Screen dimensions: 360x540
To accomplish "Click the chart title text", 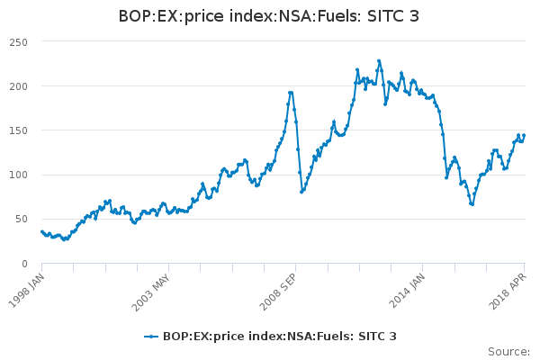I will coord(269,17).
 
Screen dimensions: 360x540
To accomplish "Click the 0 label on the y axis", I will coord(24,263).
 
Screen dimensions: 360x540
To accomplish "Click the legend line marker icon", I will coord(152,337).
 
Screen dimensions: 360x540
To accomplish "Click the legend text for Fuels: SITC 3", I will coord(279,337).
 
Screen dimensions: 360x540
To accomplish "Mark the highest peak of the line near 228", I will coord(379,61).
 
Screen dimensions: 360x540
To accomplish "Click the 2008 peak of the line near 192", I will coord(291,92).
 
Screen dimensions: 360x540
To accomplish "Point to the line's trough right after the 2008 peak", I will coord(301,192).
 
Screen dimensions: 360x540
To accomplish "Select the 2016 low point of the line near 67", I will coord(472,204).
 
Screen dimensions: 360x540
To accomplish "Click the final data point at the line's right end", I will coord(524,136).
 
